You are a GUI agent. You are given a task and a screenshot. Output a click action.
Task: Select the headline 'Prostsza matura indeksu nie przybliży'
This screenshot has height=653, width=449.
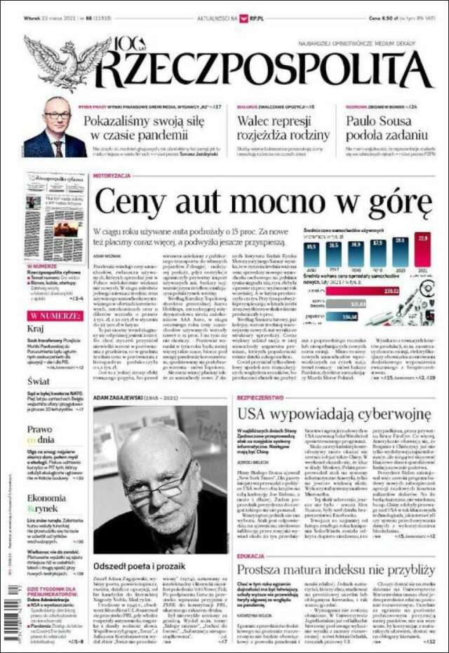(x=334, y=569)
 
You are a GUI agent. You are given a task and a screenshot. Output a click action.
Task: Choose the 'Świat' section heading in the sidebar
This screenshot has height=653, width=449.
(x=39, y=380)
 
